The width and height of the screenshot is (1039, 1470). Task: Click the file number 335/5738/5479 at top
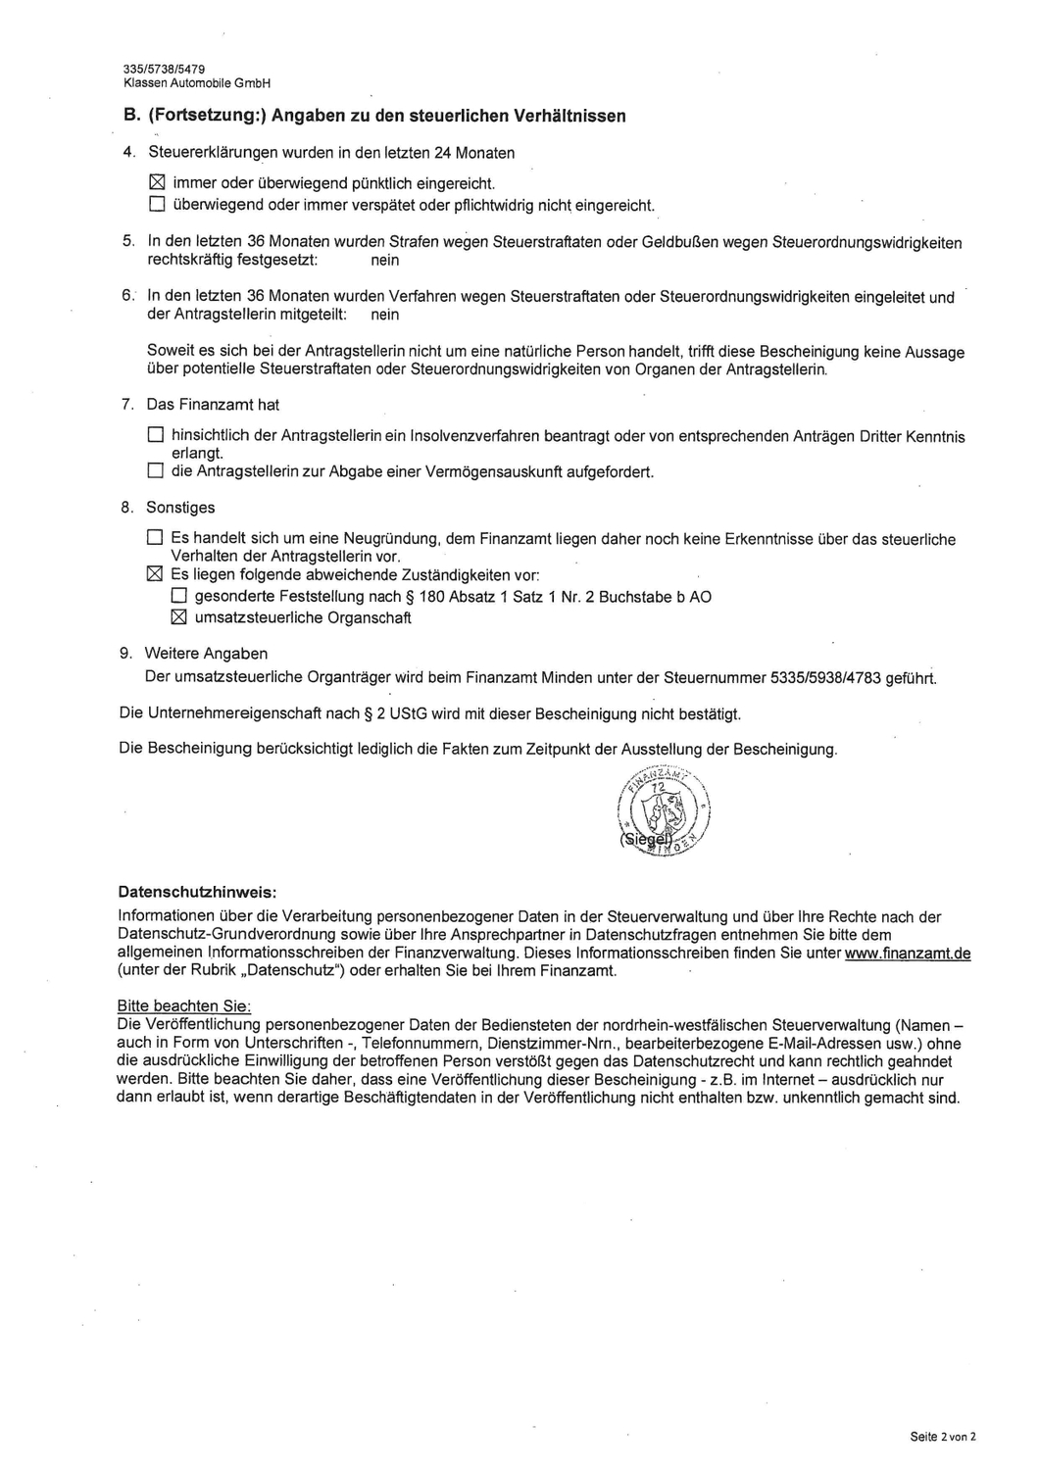164,70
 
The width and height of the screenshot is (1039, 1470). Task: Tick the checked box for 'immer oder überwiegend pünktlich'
156,183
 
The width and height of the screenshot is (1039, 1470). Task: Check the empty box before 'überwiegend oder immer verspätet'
156,205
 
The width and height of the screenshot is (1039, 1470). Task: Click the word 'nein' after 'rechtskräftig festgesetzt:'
385,261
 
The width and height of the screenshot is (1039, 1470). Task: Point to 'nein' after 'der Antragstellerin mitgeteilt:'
385,315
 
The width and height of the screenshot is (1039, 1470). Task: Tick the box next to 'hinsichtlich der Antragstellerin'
155,435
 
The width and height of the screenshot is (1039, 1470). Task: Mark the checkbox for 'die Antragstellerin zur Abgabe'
155,471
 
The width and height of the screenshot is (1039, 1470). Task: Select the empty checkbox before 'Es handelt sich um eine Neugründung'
155,538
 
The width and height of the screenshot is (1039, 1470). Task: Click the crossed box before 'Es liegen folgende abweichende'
155,574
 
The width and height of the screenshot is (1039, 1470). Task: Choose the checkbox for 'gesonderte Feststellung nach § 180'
178,597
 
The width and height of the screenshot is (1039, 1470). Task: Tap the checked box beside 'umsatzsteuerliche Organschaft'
178,617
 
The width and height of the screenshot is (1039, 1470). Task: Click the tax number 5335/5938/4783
826,677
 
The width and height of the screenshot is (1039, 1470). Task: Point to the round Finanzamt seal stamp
665,809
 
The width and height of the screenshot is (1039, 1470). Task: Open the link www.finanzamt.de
907,954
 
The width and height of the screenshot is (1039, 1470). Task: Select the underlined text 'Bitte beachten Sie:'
184,1005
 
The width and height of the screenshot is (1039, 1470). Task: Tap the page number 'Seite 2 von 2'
943,1437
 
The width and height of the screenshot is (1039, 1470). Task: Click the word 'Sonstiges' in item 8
180,508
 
